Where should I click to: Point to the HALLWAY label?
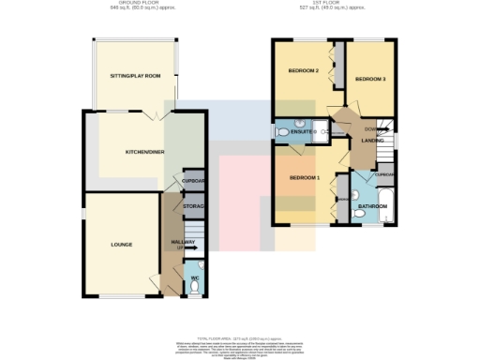pos(182,243)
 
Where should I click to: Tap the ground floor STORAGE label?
pos(193,206)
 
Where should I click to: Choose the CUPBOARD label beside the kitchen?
pos(193,182)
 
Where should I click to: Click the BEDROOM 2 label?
pos(305,71)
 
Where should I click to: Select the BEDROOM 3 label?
pos(370,80)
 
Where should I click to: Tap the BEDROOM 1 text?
pos(305,178)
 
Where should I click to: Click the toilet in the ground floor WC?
pos(194,288)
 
